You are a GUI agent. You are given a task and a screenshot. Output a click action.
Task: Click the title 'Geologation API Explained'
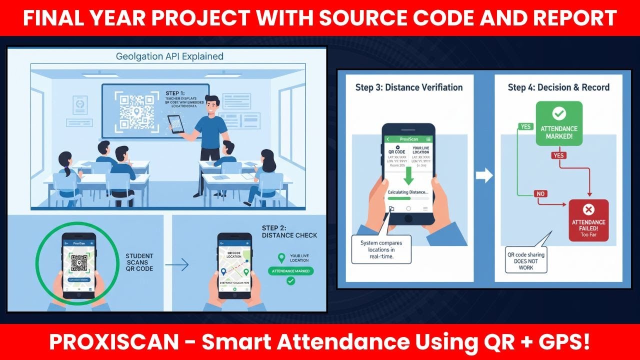coord(169,56)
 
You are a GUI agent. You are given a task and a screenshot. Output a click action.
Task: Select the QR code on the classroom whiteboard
coord(136,111)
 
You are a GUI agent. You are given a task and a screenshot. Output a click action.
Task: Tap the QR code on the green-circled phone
coord(79,262)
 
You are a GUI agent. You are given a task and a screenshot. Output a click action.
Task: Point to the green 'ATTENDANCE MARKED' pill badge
coord(290,271)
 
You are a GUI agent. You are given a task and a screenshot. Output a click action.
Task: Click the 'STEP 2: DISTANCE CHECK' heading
coord(289,231)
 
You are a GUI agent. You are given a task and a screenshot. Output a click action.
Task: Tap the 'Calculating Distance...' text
coord(408,192)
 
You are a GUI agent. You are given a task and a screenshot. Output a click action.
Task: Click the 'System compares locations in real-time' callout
coord(381,249)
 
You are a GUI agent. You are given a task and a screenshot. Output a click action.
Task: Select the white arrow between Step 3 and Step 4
coord(483,175)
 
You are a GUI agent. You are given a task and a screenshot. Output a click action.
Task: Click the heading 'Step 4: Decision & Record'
coord(558,87)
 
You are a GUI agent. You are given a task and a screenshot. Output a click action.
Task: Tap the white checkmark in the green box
coord(558,113)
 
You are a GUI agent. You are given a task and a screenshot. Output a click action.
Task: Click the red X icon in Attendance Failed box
coord(588,209)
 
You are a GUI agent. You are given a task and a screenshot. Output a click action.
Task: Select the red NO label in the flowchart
coord(540,193)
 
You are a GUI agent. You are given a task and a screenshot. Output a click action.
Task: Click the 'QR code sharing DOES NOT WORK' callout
coord(526,261)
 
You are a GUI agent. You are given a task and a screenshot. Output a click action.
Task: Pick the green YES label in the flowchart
coord(526,126)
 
